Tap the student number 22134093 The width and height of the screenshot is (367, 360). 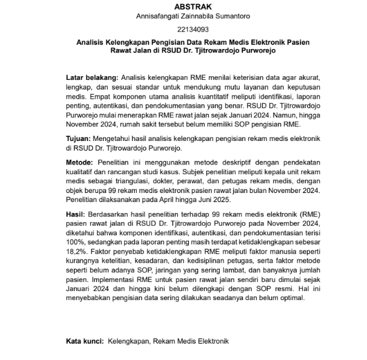coord(183,30)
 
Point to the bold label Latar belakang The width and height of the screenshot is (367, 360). coord(91,79)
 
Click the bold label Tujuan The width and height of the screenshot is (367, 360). coord(79,139)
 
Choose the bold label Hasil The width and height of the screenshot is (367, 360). coord(76,214)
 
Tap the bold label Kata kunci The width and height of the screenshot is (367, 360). coord(85,342)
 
